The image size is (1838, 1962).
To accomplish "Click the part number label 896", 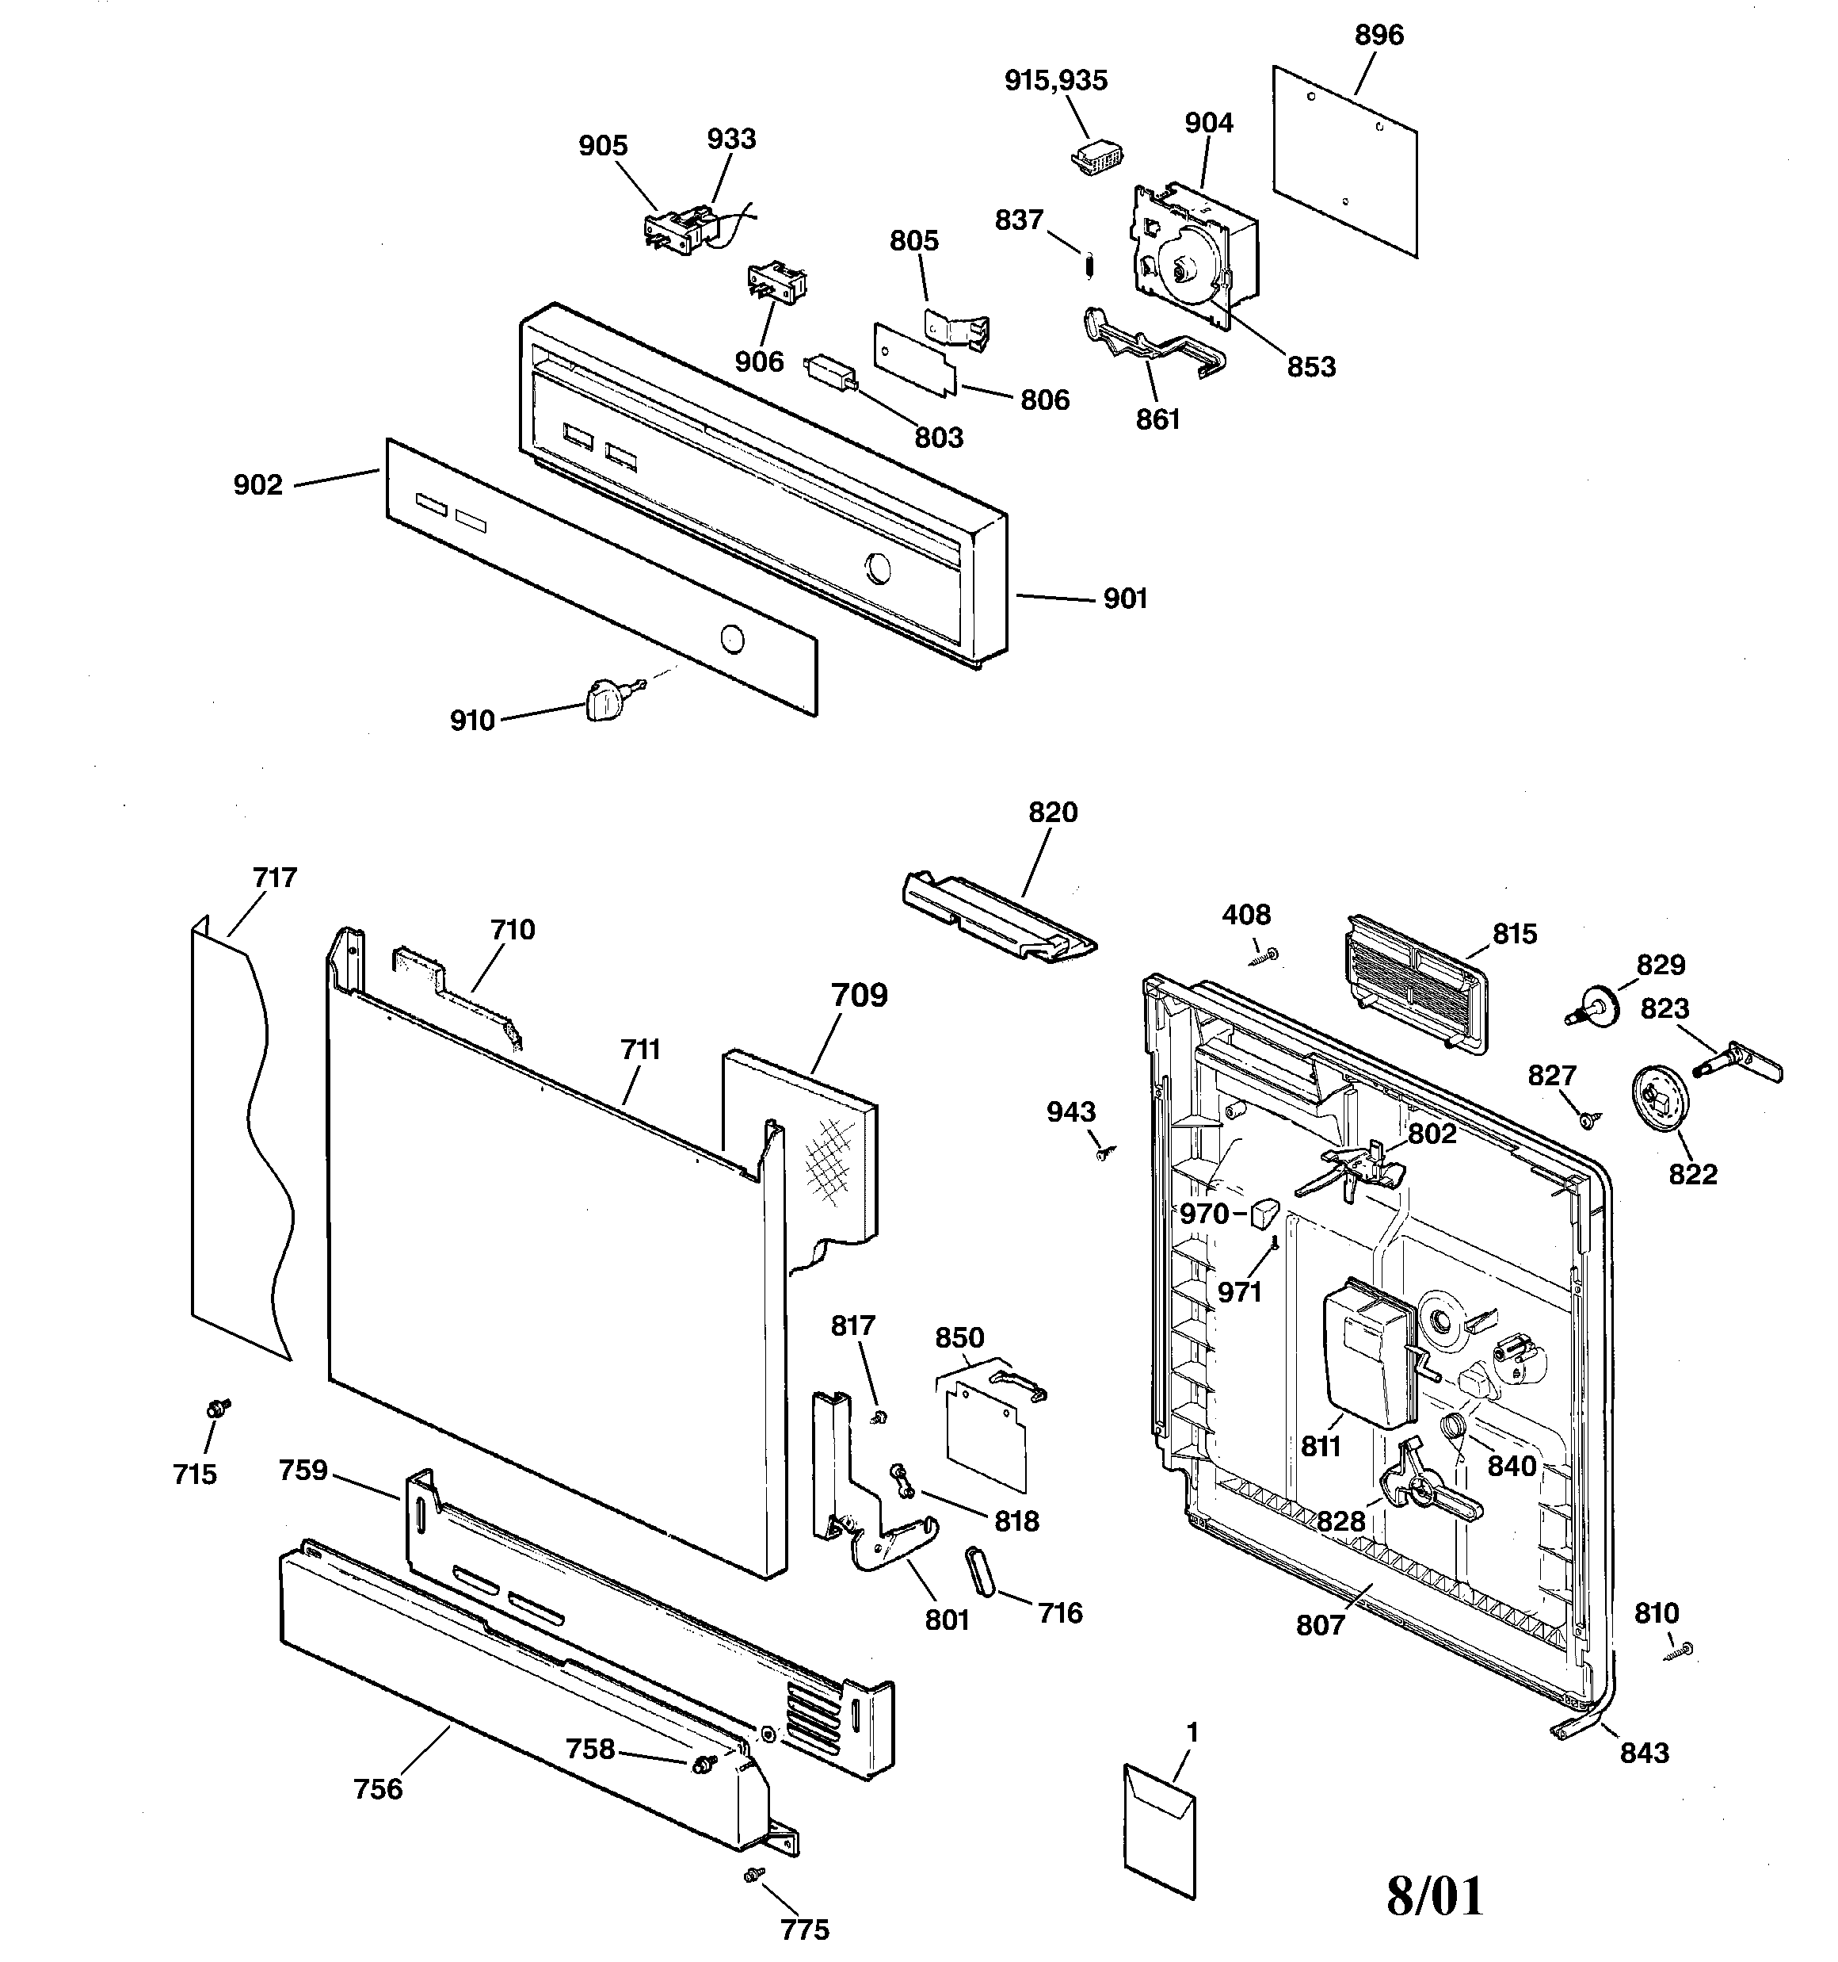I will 1378,36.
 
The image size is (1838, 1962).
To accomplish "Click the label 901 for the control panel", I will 1125,599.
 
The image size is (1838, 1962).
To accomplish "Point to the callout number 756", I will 378,1788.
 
